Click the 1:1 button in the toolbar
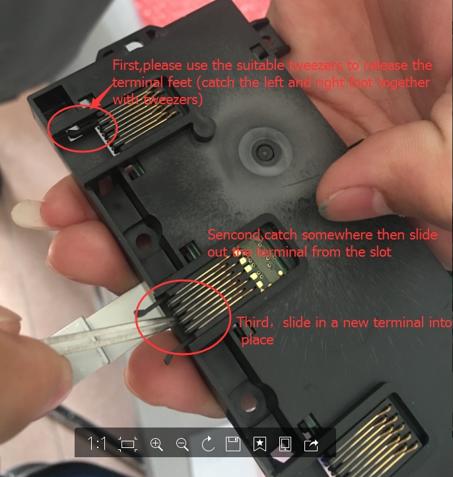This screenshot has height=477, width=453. point(97,443)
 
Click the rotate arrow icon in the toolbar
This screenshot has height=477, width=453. point(208,444)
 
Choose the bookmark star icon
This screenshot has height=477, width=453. point(260,444)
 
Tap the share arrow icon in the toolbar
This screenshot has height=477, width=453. point(311,445)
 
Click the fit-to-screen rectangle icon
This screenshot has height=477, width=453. point(127,444)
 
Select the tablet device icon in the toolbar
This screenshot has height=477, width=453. point(285,444)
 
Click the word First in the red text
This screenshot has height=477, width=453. point(125,65)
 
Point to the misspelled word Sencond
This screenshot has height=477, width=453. point(233,235)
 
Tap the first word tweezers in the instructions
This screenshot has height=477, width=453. point(315,66)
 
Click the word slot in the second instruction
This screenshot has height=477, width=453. point(380,252)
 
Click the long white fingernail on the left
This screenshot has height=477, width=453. point(27,214)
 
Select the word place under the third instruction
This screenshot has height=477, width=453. point(258,340)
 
